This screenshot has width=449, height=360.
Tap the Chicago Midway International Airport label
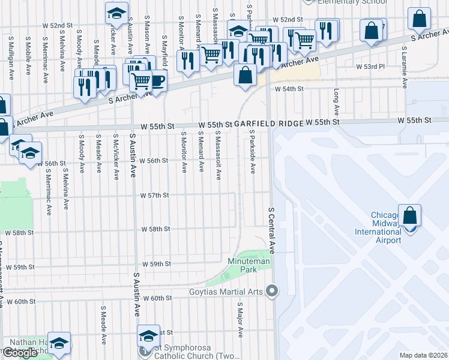[x=378, y=228]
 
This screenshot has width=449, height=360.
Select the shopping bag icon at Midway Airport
[x=409, y=217]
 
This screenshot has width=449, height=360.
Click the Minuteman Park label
[x=249, y=265]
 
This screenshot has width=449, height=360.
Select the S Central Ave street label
[x=271, y=230]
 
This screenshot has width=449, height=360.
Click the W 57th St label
[x=155, y=196]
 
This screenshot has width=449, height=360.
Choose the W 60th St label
[x=157, y=298]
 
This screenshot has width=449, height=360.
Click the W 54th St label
[x=289, y=89]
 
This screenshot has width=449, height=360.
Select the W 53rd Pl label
[x=370, y=67]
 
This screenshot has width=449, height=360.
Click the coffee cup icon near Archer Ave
[x=157, y=81]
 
